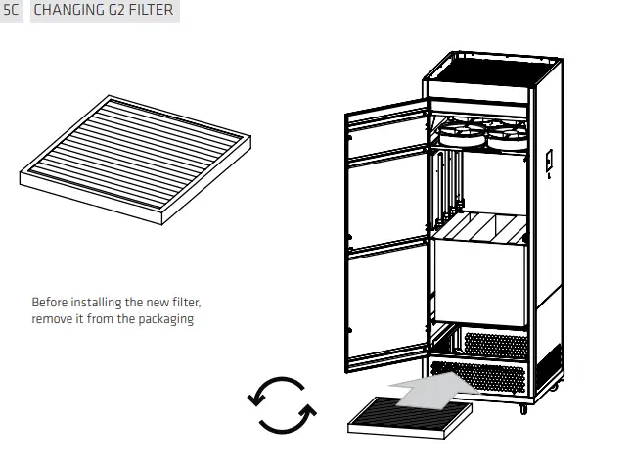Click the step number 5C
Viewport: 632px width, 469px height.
point(12,11)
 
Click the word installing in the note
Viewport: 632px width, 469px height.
point(99,303)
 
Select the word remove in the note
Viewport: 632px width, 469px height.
point(53,319)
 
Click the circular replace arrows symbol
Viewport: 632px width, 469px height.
point(281,403)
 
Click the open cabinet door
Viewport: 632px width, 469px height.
point(386,235)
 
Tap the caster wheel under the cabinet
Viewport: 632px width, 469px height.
point(523,408)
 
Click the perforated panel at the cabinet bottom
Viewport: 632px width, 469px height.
point(495,345)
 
